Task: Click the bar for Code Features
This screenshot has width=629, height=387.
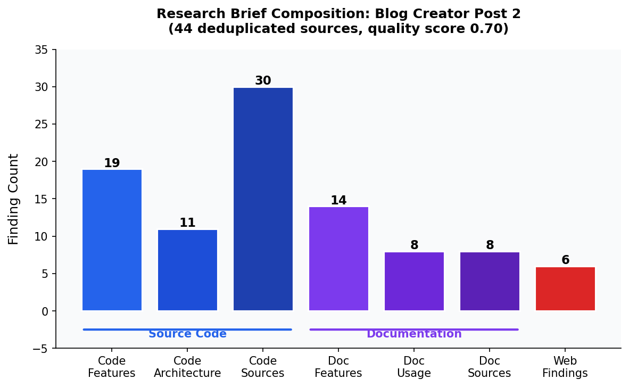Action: [x=112, y=240]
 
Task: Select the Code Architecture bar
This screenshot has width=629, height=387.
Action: [x=187, y=270]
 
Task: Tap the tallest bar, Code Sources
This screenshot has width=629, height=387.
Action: [x=263, y=199]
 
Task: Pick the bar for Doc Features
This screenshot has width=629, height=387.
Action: [x=338, y=259]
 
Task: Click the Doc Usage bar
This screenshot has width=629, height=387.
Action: [x=414, y=281]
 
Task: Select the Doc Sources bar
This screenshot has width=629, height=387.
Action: [x=490, y=281]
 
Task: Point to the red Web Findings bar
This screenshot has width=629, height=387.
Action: [x=565, y=289]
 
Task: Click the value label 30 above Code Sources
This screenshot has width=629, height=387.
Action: [x=263, y=81]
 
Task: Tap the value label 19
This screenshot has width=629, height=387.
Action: [x=112, y=163]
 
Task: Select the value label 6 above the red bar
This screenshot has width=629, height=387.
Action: [x=565, y=260]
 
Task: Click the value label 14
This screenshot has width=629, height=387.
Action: [x=338, y=201]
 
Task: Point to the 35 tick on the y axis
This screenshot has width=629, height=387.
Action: [x=41, y=50]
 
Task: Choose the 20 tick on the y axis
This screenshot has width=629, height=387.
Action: [x=41, y=162]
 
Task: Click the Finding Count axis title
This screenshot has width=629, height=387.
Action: [x=14, y=199]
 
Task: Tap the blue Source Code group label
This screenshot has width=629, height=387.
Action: [x=187, y=334]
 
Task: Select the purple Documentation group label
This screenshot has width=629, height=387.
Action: [x=414, y=334]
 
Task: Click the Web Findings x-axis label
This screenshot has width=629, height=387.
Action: [x=565, y=367]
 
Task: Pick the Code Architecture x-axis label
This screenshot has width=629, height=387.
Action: [x=187, y=367]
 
